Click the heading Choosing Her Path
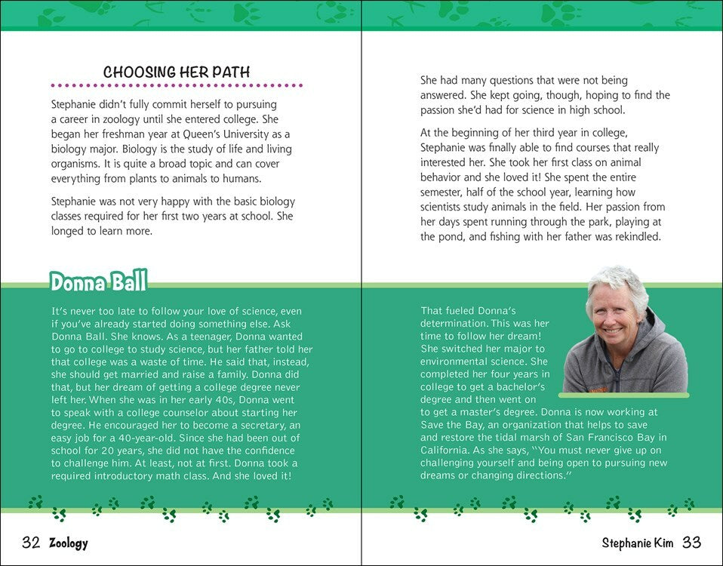(177, 72)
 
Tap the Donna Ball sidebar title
(98, 282)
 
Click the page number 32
(30, 543)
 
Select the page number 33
(691, 543)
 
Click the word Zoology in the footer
(68, 543)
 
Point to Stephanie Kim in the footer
(638, 543)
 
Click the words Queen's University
(231, 134)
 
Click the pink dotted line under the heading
(177, 85)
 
